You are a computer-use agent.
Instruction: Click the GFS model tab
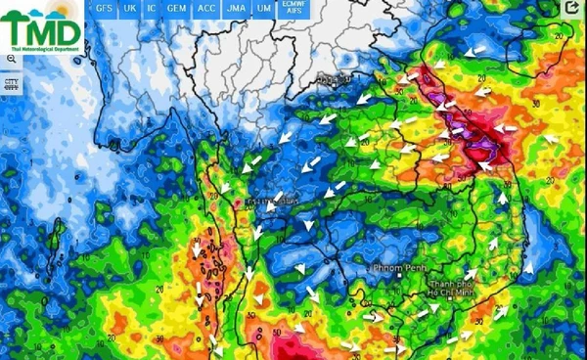pyautogui.click(x=103, y=8)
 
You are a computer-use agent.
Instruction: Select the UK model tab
pyautogui.click(x=129, y=8)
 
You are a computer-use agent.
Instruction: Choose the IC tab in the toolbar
pyautogui.click(x=152, y=8)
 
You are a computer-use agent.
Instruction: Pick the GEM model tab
pyautogui.click(x=177, y=8)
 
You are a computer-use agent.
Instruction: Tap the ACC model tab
pyautogui.click(x=206, y=8)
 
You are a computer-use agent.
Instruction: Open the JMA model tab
pyautogui.click(x=236, y=8)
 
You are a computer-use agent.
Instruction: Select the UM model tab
pyautogui.click(x=263, y=8)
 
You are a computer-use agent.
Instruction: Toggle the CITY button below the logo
pyautogui.click(x=12, y=83)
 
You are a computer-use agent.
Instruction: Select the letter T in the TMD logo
pyautogui.click(x=17, y=27)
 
